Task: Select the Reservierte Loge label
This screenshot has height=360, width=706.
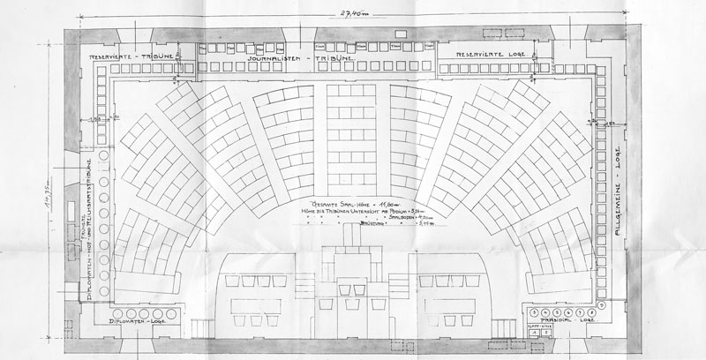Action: click(x=490, y=56)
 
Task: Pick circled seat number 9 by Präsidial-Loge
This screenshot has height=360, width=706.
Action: click(x=602, y=304)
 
